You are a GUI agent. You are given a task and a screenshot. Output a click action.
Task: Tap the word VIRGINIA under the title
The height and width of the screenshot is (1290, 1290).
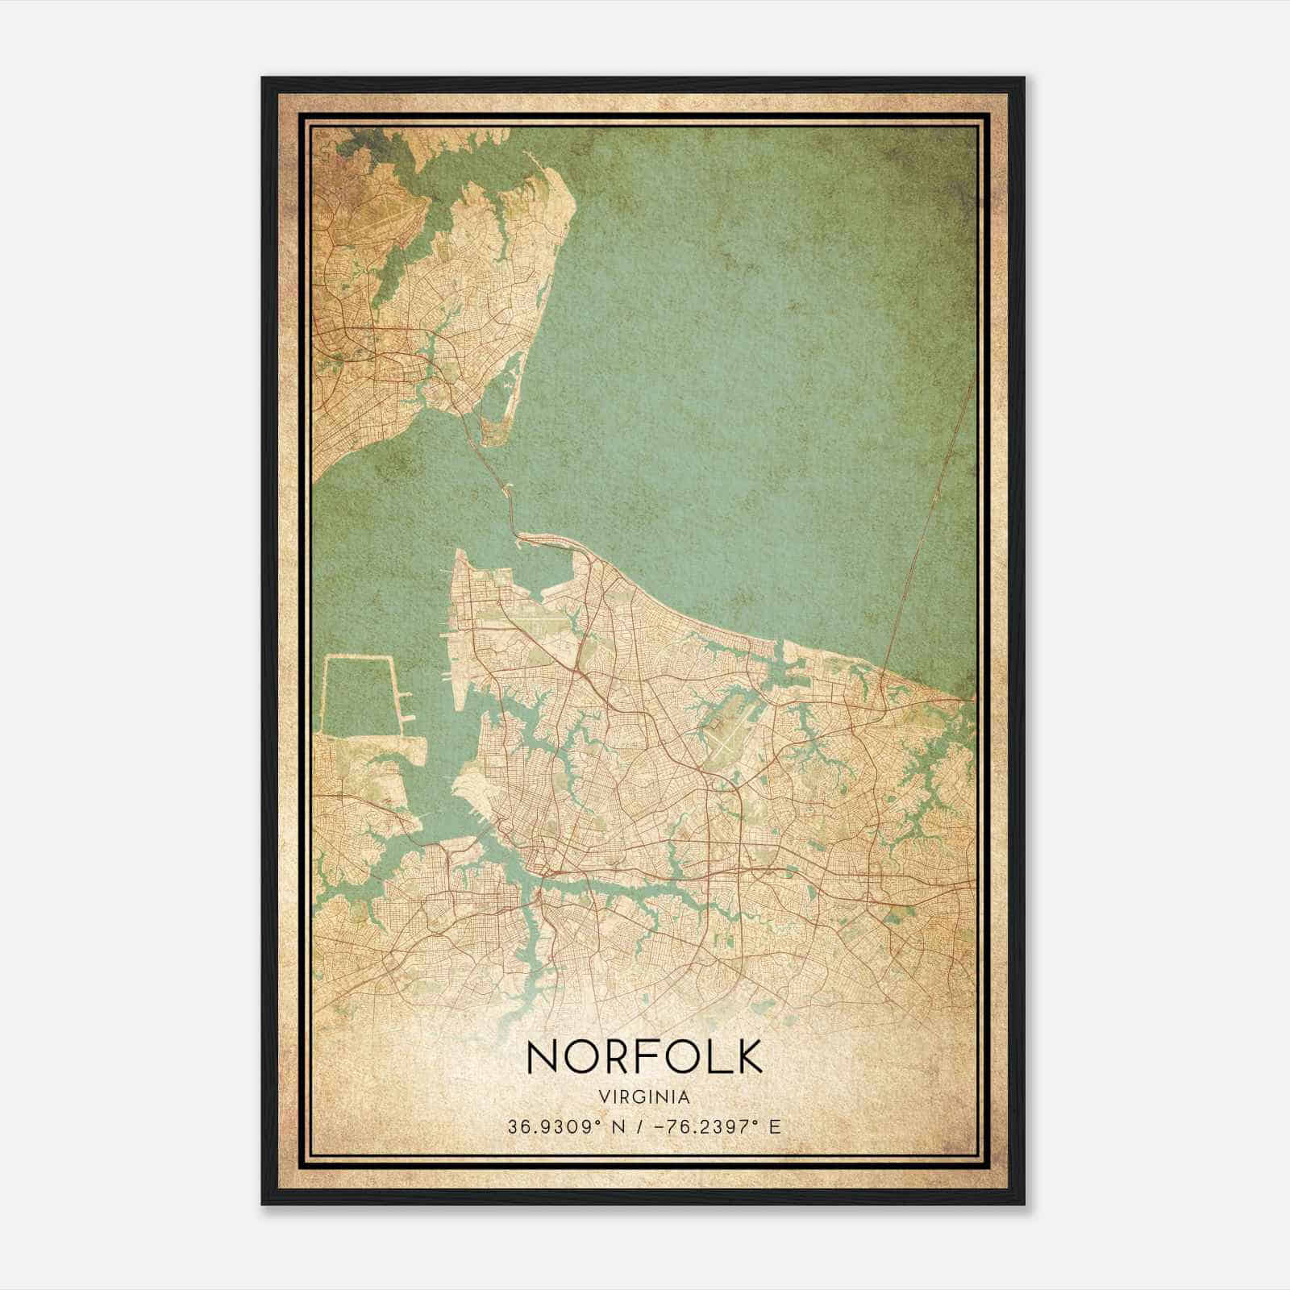pos(644,1097)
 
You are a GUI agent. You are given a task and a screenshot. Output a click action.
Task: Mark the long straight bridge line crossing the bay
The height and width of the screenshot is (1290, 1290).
pos(927,532)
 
